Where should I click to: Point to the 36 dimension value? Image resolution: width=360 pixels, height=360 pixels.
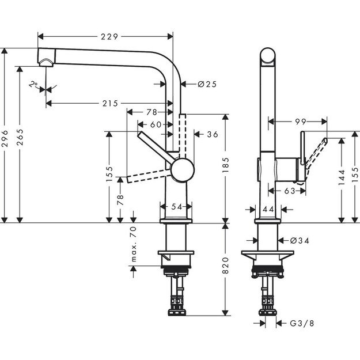[212, 134]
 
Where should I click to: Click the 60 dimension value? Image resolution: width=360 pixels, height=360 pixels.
[156, 124]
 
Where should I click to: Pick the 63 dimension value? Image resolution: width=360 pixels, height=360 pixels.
[290, 190]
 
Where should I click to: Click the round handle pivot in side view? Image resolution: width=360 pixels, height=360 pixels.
[182, 171]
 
